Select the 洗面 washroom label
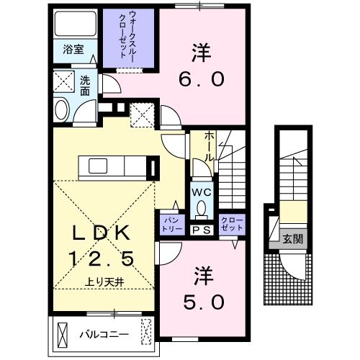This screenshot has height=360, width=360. [x=84, y=87]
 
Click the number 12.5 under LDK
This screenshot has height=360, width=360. [x=101, y=257]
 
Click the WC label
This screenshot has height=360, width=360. [x=201, y=192]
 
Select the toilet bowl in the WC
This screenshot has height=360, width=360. [x=202, y=210]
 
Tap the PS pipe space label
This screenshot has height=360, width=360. [x=202, y=230]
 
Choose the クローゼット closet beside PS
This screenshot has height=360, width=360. [x=232, y=223]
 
